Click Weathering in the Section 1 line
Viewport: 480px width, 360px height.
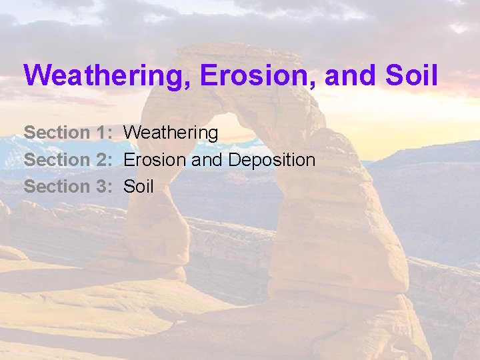(x=171, y=133)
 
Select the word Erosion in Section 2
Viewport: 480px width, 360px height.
(x=155, y=160)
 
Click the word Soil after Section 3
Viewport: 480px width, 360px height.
(x=139, y=187)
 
